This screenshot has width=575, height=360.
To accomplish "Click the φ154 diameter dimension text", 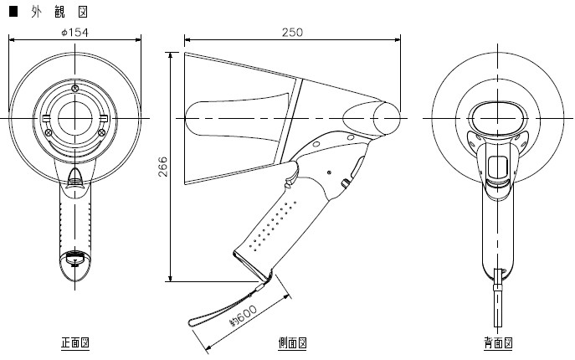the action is coord(74,33).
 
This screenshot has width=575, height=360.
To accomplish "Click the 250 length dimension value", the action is coord(293,33).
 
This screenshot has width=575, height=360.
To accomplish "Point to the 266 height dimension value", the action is coord(162,167).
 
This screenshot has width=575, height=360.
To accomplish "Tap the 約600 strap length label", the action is coord(243,316).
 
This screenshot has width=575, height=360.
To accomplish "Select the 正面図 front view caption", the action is coord(75,342).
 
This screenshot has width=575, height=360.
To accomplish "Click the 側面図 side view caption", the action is coord(292,342).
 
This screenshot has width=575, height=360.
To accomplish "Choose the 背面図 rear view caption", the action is coord(498,342).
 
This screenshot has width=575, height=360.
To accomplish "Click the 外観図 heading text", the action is coord(59,12).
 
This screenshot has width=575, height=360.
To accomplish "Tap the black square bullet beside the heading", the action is coord(13,12).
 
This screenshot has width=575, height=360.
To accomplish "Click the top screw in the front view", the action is coord(75,88).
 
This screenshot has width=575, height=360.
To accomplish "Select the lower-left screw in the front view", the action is coord(48,132).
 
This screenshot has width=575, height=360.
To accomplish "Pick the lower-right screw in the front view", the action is coord(102,132).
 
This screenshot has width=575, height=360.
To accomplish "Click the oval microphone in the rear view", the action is coord(498,118).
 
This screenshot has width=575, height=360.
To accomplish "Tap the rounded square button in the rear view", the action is coord(498,167).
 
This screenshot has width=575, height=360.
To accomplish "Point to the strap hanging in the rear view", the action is coord(498,298).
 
